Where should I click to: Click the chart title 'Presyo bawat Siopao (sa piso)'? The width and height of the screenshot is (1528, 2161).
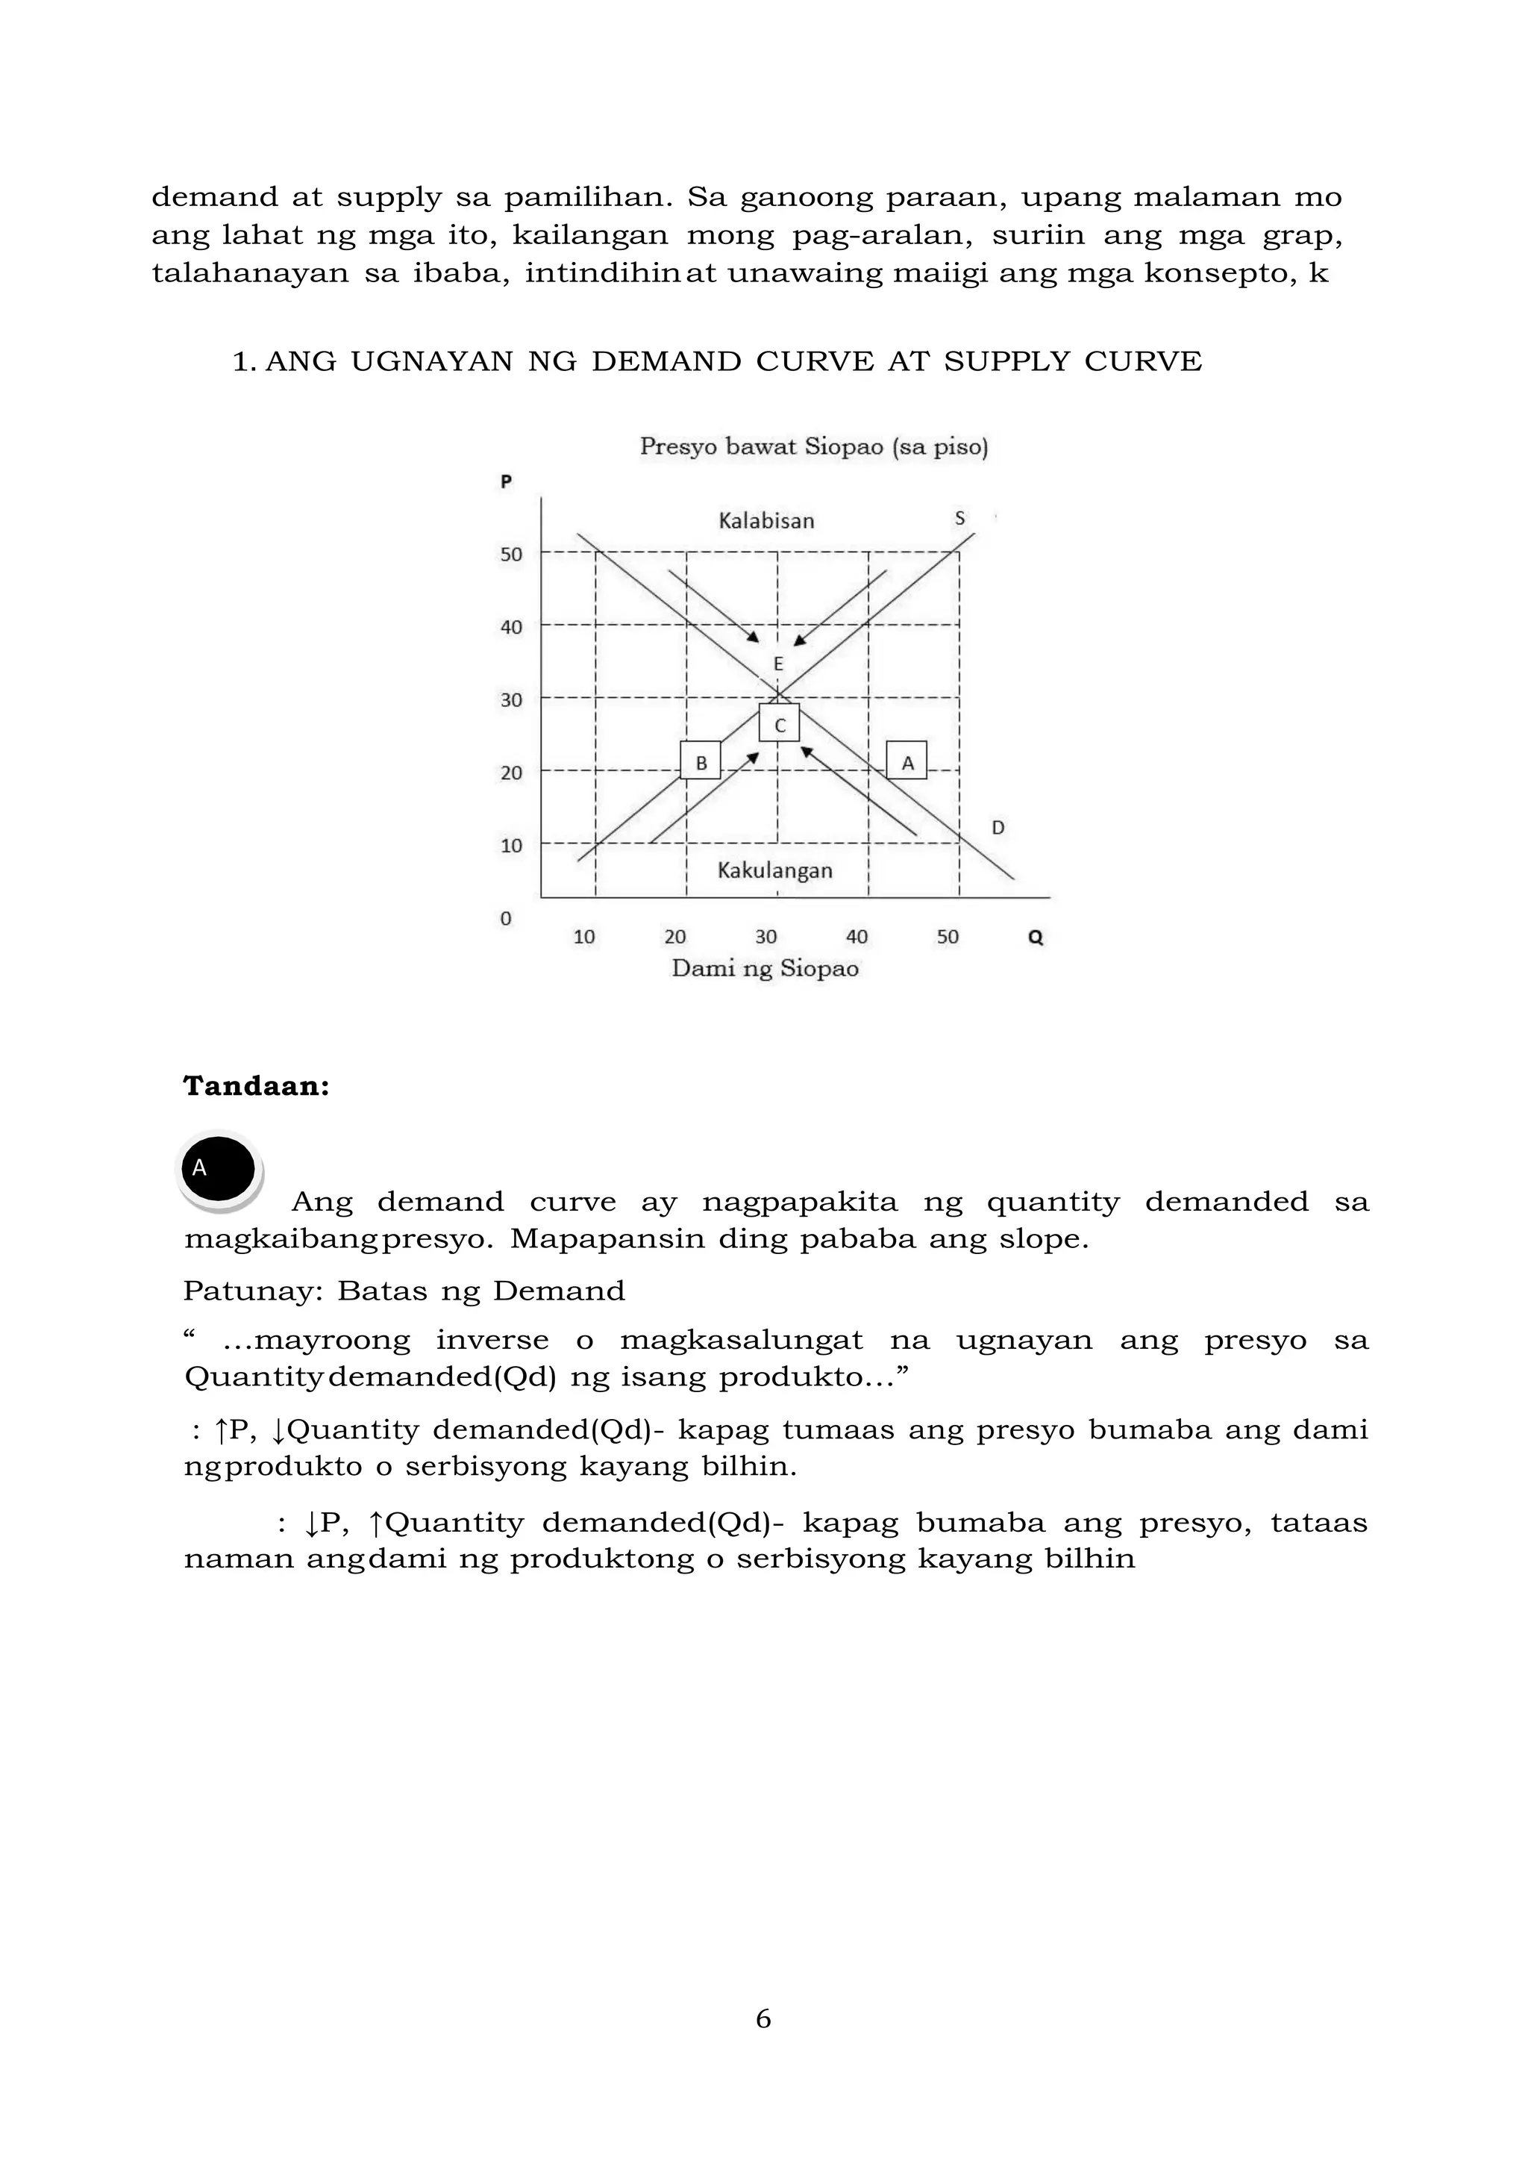pyautogui.click(x=814, y=446)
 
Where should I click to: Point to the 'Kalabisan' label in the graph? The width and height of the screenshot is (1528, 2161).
pyautogui.click(x=766, y=520)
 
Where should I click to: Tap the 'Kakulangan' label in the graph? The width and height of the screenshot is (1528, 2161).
pyautogui.click(x=774, y=870)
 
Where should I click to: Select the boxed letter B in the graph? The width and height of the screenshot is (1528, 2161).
pyautogui.click(x=700, y=761)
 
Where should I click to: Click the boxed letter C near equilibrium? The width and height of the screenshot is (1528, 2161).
pyautogui.click(x=779, y=724)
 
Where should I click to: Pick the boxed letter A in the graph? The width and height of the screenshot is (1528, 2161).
pyautogui.click(x=907, y=761)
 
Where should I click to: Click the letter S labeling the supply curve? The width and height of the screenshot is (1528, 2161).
pyautogui.click(x=959, y=517)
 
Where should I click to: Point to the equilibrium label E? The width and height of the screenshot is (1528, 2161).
pyautogui.click(x=778, y=664)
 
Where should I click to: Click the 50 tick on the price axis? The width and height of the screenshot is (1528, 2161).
pyautogui.click(x=511, y=555)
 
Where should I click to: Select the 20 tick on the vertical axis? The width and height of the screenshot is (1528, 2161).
pyautogui.click(x=511, y=773)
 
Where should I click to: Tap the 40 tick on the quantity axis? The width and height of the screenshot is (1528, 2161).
pyautogui.click(x=857, y=937)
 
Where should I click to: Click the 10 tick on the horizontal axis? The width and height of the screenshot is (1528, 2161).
pyautogui.click(x=584, y=937)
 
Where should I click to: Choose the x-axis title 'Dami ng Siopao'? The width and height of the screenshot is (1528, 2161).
pyautogui.click(x=765, y=968)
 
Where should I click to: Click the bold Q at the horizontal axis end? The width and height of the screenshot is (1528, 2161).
pyautogui.click(x=1036, y=938)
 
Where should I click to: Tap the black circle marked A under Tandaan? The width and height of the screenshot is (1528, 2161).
pyautogui.click(x=219, y=1169)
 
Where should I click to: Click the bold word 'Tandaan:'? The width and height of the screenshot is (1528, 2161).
pyautogui.click(x=256, y=1086)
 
